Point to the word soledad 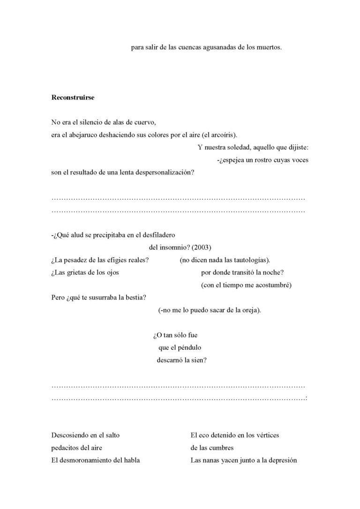click(x=235, y=148)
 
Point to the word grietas click(x=75, y=272)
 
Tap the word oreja click(x=249, y=310)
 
